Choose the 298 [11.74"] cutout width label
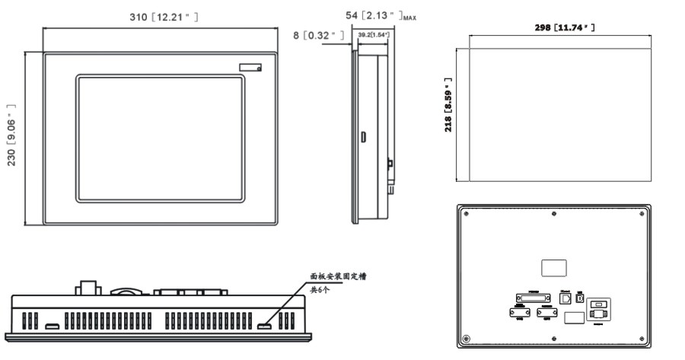(x=563, y=27)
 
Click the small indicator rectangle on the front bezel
(x=250, y=67)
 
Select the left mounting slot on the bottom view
(x=53, y=327)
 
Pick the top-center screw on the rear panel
(x=553, y=212)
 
